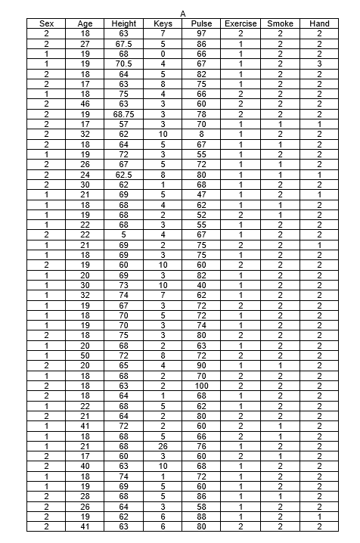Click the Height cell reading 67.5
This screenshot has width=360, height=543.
click(x=124, y=45)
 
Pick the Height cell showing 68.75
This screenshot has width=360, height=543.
click(x=124, y=113)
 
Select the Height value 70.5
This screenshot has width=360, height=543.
click(x=124, y=64)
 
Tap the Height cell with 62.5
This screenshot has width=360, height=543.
click(x=124, y=173)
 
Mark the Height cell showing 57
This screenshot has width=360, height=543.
click(x=124, y=123)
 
